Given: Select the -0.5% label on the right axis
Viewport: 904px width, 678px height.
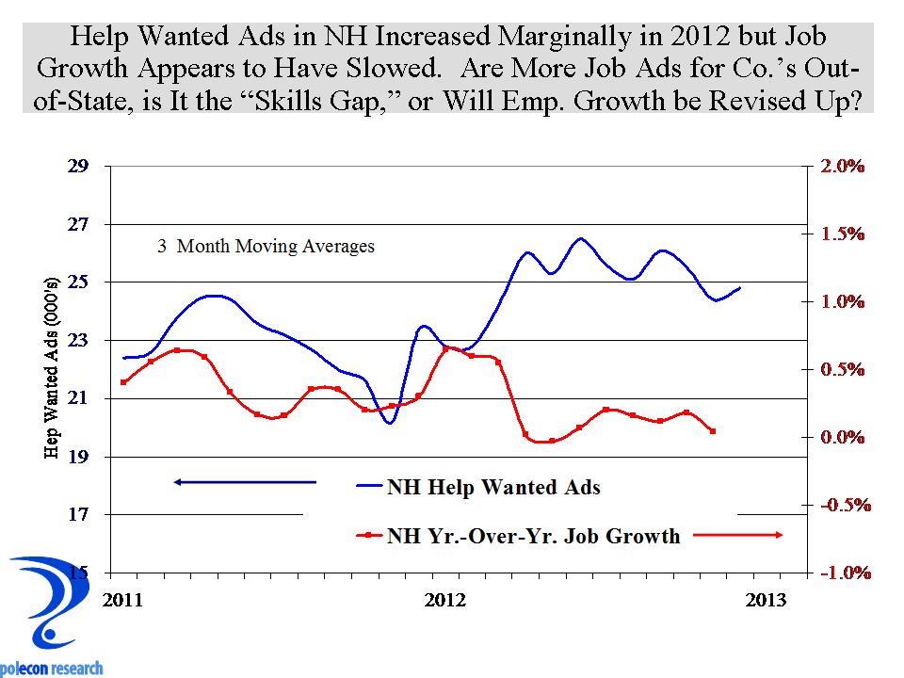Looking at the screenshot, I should click(x=841, y=506).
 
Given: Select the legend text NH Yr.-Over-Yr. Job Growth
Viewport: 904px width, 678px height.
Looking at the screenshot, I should click(x=533, y=537).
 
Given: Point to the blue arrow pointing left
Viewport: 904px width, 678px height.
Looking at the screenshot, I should click(x=245, y=482).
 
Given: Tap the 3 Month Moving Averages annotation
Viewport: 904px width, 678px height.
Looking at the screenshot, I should click(x=265, y=247).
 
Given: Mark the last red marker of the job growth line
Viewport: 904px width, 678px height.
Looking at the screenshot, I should click(x=713, y=431).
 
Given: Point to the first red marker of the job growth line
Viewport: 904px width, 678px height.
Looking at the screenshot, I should click(x=123, y=381).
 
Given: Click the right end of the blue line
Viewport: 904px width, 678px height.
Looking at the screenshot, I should click(x=740, y=287).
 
